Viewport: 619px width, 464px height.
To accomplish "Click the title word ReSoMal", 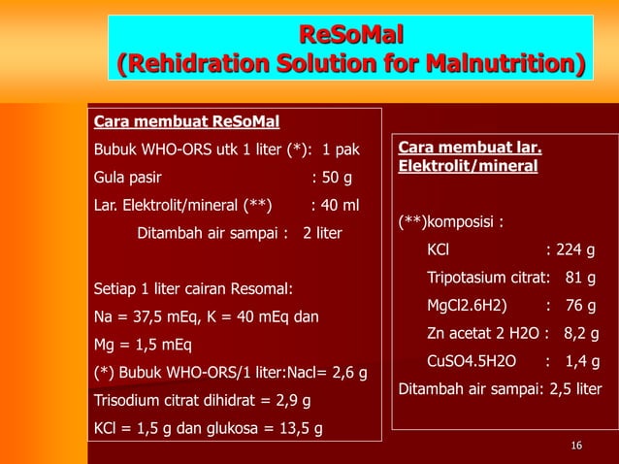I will pyautogui.click(x=350, y=37).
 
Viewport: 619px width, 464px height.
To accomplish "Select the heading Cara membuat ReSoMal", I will pyautogui.click(x=185, y=122).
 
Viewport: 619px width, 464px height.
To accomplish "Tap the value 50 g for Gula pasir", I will pyautogui.click(x=336, y=179).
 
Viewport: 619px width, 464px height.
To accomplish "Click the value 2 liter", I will pyautogui.click(x=322, y=233).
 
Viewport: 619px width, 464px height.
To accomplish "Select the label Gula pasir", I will pyautogui.click(x=127, y=179).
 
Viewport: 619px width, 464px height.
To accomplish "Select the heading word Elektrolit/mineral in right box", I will pyautogui.click(x=468, y=166).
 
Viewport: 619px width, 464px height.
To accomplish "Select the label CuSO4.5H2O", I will pyautogui.click(x=472, y=362).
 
